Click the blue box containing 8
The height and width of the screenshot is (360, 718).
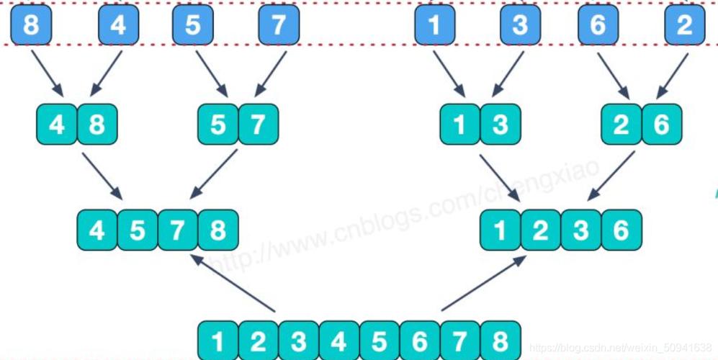31,24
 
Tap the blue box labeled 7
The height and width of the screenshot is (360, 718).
279,24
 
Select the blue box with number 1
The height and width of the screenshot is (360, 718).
434,24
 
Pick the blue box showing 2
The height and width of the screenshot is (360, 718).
685,24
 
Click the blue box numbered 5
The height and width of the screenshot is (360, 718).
193,24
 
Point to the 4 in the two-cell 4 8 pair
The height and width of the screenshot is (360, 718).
57,124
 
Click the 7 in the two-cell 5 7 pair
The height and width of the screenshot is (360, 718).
259,124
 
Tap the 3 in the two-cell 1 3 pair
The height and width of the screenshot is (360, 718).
501,124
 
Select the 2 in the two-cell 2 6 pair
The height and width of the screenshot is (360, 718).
621,124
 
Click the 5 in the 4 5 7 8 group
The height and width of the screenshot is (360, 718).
138,230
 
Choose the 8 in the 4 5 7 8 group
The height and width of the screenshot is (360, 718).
218,230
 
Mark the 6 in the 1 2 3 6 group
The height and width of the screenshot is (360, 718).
621,230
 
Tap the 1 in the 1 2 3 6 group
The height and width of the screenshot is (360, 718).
501,230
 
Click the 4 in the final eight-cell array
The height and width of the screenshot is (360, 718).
339,341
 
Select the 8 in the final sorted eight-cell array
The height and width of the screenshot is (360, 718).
501,341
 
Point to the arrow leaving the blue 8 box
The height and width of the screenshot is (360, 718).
47,73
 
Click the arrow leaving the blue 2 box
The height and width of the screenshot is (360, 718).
672,75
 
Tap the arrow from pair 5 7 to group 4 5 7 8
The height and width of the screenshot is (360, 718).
213,174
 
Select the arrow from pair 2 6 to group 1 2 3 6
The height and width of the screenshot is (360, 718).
611,176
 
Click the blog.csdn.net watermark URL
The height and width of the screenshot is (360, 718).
621,348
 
